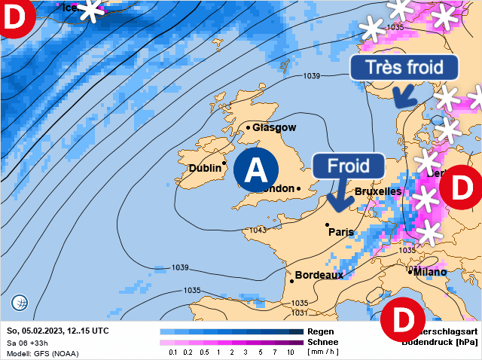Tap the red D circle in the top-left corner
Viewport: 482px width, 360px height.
click(x=14, y=17)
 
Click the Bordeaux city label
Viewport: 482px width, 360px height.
click(x=319, y=275)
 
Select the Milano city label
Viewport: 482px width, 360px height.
click(x=429, y=272)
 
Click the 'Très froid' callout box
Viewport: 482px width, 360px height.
click(x=404, y=66)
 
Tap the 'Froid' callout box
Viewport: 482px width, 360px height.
click(x=348, y=165)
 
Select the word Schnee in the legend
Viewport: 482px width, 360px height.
click(x=322, y=342)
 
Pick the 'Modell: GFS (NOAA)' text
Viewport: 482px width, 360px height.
click(x=42, y=353)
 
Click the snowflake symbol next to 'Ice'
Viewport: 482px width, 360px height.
click(x=91, y=10)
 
